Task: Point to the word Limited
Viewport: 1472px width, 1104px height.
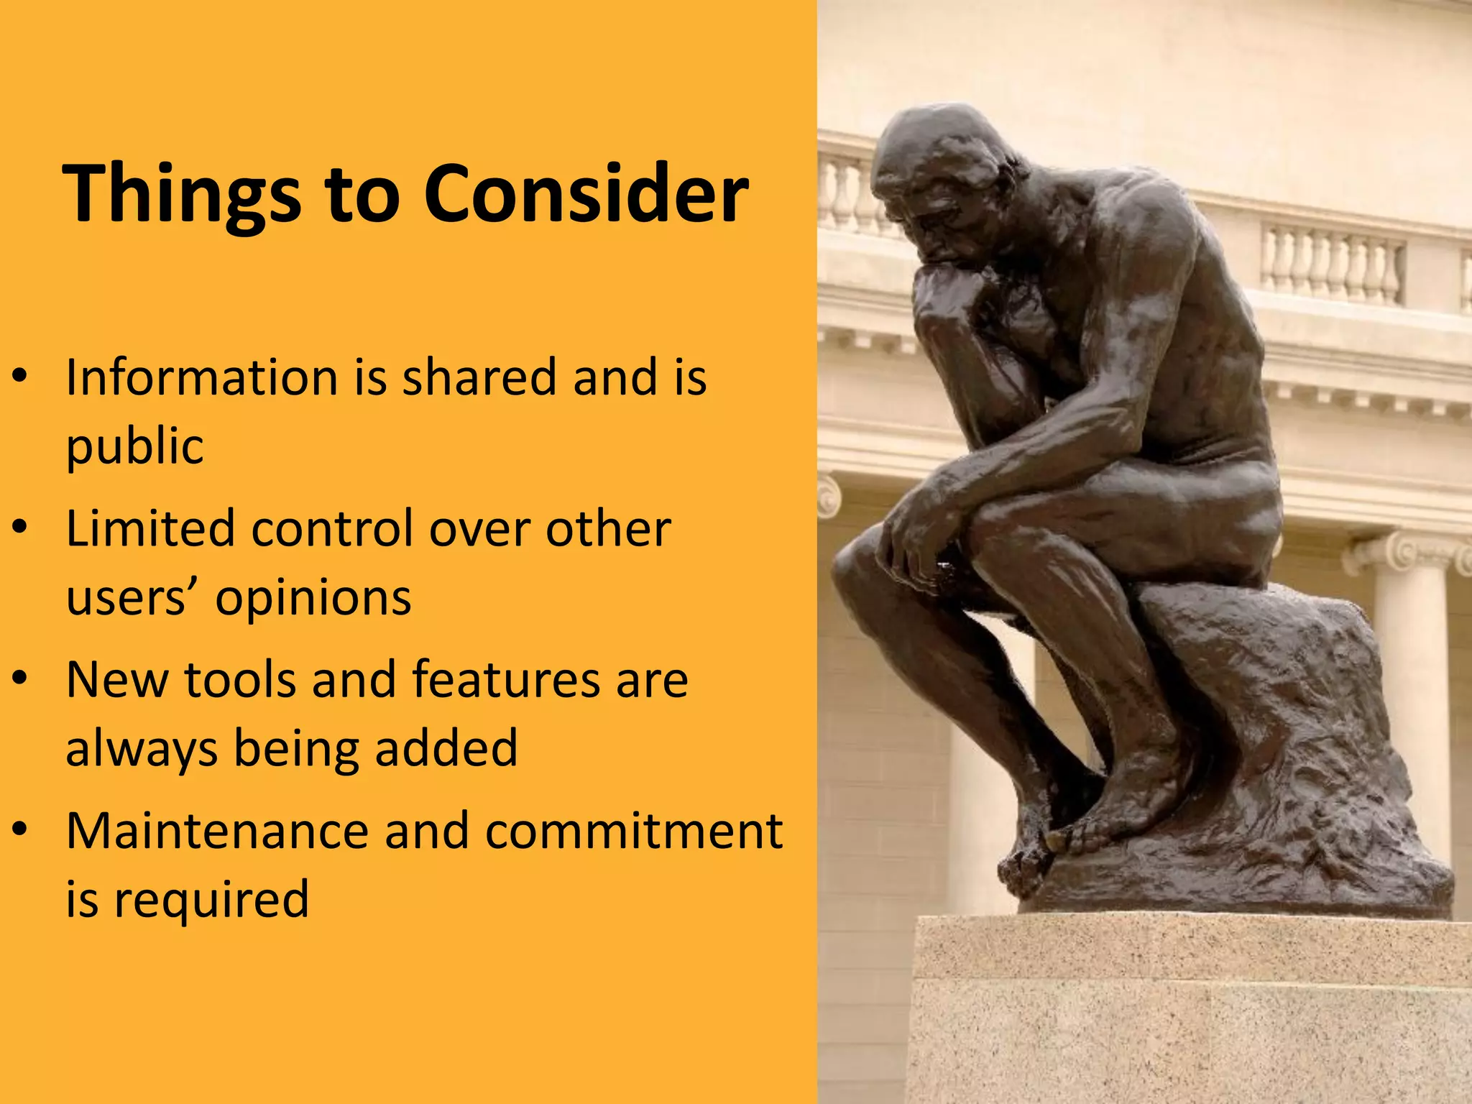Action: (149, 528)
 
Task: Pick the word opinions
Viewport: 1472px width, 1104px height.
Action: (313, 597)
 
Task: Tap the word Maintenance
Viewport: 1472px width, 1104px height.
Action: (216, 831)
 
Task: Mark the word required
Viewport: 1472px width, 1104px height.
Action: (212, 899)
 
